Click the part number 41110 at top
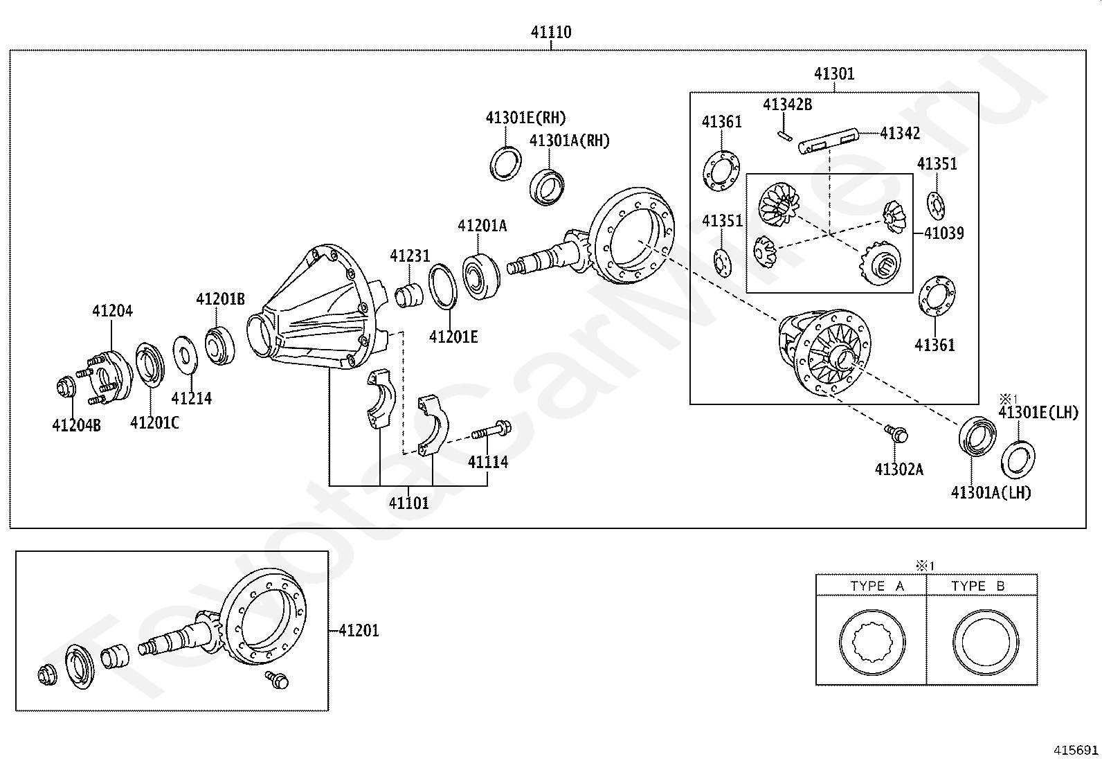coord(551,32)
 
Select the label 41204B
coord(76,424)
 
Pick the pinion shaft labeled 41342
coord(829,141)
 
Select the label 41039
coord(943,233)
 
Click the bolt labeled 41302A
coord(897,433)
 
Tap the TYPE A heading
coord(877,586)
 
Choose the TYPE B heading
coord(977,586)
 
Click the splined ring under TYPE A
coord(871,641)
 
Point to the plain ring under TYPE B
coord(984,641)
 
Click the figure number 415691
coord(1076,750)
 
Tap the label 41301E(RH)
coord(525,118)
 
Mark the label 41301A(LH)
coord(991,492)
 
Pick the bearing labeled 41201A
coord(481,276)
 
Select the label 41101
coord(408,503)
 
